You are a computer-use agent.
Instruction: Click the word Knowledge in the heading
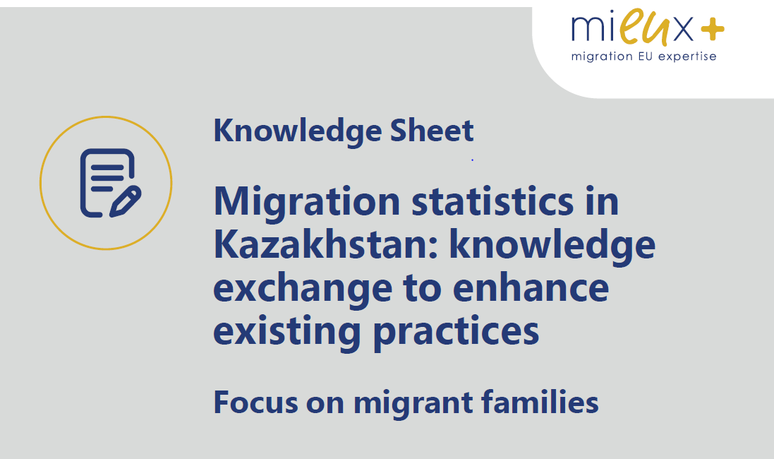tap(298, 131)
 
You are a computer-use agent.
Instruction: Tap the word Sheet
tap(432, 131)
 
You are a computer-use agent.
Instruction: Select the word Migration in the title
tap(306, 203)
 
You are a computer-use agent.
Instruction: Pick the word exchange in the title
tap(303, 290)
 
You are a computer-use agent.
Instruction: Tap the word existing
tap(286, 332)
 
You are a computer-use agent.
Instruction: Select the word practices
tap(456, 332)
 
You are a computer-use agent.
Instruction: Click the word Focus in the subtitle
tap(255, 403)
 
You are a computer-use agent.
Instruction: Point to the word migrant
tap(413, 403)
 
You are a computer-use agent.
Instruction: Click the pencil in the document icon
tap(126, 201)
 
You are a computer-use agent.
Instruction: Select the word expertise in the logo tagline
tap(687, 56)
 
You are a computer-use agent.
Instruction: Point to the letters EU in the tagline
tap(646, 56)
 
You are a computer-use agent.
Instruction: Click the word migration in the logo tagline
tap(602, 56)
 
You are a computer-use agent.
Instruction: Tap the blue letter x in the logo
tap(683, 30)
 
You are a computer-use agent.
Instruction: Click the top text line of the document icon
tap(107, 166)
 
